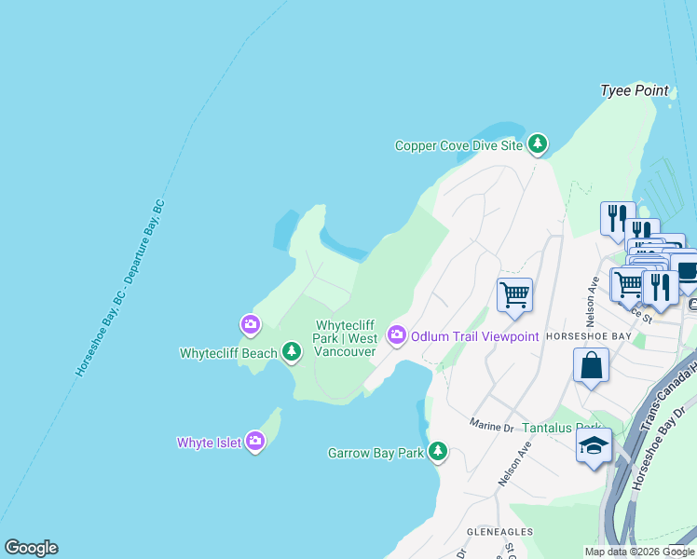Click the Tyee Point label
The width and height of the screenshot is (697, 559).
pyautogui.click(x=634, y=90)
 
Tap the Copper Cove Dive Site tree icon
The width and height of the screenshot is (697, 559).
pyautogui.click(x=537, y=144)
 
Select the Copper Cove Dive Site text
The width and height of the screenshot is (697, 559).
pyautogui.click(x=458, y=145)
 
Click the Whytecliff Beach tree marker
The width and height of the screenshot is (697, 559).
pyautogui.click(x=293, y=352)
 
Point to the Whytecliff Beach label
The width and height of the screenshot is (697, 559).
pyautogui.click(x=228, y=353)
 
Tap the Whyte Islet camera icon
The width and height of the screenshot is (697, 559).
pyautogui.click(x=255, y=443)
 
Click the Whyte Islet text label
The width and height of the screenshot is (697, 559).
pyautogui.click(x=209, y=443)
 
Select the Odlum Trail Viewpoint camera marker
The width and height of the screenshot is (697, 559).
pyautogui.click(x=397, y=334)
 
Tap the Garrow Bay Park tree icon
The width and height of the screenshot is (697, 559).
pyautogui.click(x=437, y=453)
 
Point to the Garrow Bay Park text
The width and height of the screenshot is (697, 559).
pyautogui.click(x=376, y=454)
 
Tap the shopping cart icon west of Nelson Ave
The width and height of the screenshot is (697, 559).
pyautogui.click(x=514, y=295)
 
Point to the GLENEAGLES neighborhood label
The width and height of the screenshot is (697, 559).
pyautogui.click(x=499, y=531)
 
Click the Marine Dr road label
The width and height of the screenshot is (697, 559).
pyautogui.click(x=493, y=425)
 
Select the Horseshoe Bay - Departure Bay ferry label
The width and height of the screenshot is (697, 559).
pyautogui.click(x=120, y=288)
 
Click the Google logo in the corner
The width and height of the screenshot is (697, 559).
pyautogui.click(x=31, y=548)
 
